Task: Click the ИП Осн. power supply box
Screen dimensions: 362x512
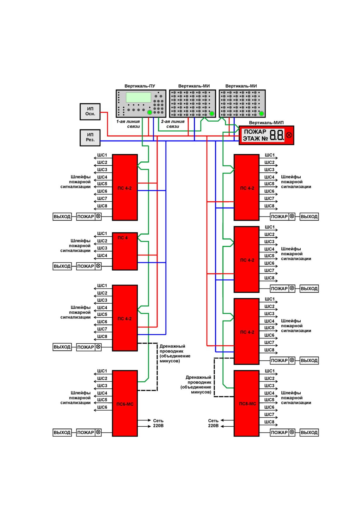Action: (x=90, y=111)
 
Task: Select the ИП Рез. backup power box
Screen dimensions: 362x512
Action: (x=90, y=138)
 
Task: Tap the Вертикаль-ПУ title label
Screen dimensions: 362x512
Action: (x=140, y=86)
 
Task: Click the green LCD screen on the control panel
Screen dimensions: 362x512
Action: (x=138, y=97)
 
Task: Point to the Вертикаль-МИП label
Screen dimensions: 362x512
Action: (x=266, y=123)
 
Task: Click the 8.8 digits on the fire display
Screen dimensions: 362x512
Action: (x=277, y=135)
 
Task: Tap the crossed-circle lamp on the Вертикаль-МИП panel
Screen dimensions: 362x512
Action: (x=289, y=135)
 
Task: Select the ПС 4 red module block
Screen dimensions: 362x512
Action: (x=125, y=251)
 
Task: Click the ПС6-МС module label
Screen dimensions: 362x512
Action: (x=125, y=404)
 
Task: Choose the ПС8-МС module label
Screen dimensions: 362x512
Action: (x=247, y=404)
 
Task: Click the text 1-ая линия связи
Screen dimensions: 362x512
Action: (x=128, y=124)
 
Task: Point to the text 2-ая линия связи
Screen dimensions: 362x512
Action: (x=173, y=124)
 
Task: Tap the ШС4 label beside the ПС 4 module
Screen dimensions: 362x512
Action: (x=102, y=255)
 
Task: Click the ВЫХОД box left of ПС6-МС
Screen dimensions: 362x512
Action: (x=62, y=433)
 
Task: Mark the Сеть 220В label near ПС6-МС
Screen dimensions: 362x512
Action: (x=158, y=423)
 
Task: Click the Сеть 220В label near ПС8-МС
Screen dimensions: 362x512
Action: (x=213, y=423)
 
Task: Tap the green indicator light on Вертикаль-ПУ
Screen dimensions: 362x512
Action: (x=150, y=113)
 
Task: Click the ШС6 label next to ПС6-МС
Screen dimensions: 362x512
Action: (x=102, y=407)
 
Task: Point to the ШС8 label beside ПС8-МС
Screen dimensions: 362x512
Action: (x=269, y=422)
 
